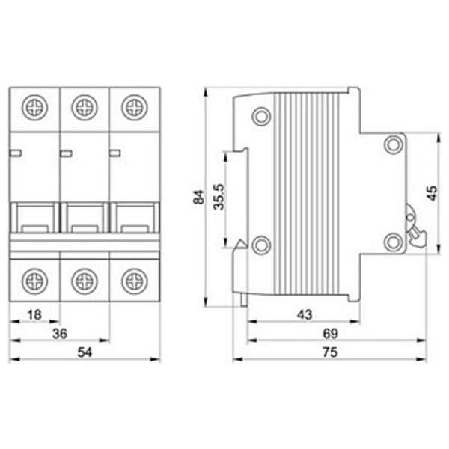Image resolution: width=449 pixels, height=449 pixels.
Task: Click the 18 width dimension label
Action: coord(34,315)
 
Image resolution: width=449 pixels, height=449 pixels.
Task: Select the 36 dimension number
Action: coord(60,334)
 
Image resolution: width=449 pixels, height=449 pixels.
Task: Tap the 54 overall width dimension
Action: coord(85,352)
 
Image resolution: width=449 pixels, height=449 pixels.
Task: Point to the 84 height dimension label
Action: coord(199,197)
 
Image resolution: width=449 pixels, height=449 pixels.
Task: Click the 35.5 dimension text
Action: coord(219,197)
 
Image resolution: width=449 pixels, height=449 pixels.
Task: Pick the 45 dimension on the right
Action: coord(432,193)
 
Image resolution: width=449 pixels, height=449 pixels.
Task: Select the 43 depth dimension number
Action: coord(305,315)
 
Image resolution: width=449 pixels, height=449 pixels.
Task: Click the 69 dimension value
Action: coord(331,334)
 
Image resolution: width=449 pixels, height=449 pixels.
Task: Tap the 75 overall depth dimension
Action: coord(331,352)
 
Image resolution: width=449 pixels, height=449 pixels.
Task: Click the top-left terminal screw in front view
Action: coord(34,107)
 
